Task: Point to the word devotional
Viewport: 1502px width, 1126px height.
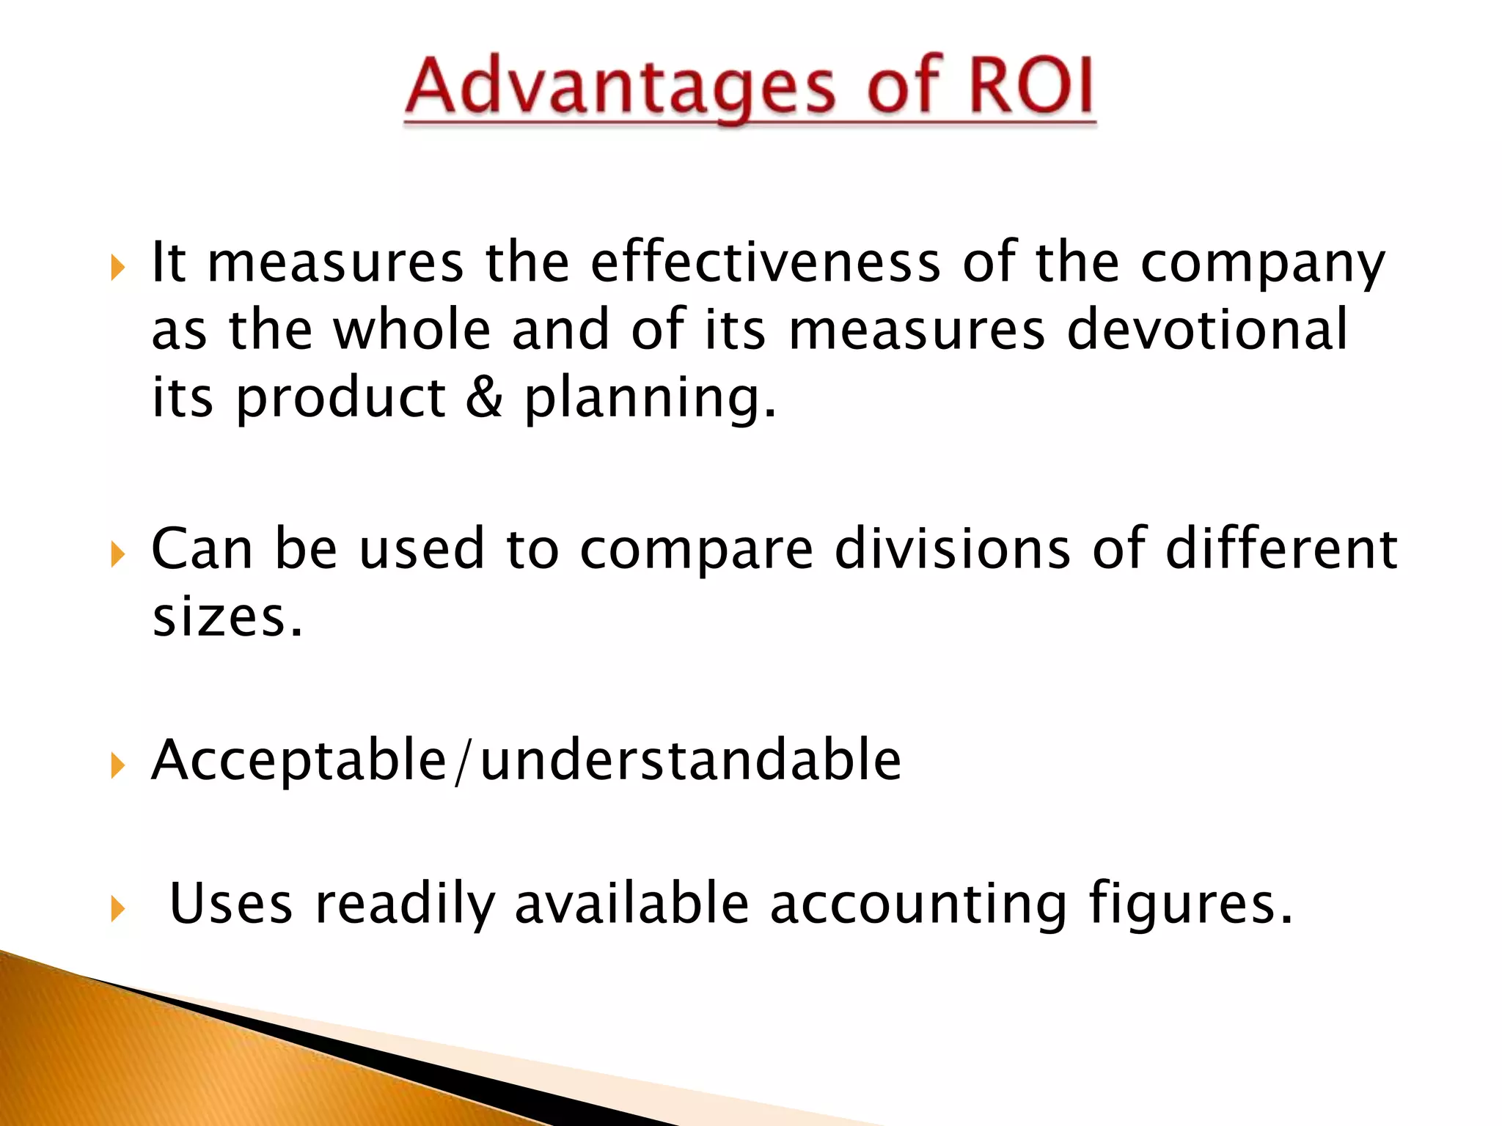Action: coord(1206,330)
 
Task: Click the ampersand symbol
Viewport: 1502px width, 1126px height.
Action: coord(484,397)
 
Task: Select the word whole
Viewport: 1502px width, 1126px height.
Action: coord(411,330)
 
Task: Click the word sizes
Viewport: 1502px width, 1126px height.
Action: coord(227,617)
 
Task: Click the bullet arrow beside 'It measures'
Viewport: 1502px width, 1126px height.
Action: coord(117,268)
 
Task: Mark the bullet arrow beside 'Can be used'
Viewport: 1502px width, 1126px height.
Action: coord(117,555)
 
